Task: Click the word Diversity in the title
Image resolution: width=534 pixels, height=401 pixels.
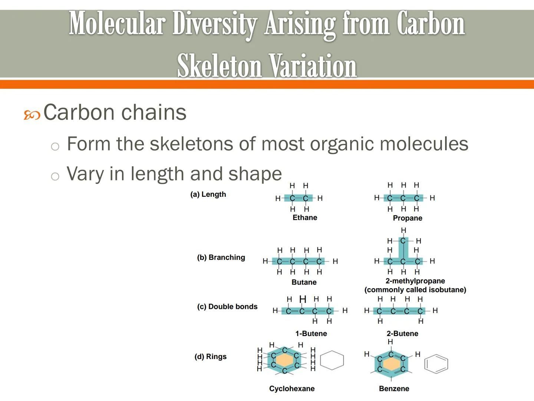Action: [x=214, y=24]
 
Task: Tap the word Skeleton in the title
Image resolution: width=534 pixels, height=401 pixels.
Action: [x=219, y=66]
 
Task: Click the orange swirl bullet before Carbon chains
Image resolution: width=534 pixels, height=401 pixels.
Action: [x=32, y=115]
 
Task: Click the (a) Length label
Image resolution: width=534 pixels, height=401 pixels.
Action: [x=208, y=194]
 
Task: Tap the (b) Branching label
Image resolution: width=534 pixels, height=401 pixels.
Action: [x=221, y=257]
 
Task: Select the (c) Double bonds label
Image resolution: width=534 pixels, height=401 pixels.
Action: [x=227, y=306]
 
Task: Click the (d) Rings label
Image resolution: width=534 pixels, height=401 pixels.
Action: [x=210, y=356]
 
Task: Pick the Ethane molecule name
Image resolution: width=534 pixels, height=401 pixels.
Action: [x=305, y=218]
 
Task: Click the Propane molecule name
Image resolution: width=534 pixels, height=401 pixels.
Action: [x=408, y=218]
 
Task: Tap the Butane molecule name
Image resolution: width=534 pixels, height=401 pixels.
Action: [x=304, y=282]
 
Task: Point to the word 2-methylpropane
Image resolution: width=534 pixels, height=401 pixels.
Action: [x=415, y=281]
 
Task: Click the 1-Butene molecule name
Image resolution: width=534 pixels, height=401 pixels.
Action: [x=311, y=333]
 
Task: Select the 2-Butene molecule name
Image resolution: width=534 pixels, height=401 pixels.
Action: [x=402, y=333]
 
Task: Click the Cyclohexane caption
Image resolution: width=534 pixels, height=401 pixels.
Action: [x=292, y=388]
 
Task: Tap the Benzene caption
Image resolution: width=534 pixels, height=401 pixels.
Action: [x=394, y=388]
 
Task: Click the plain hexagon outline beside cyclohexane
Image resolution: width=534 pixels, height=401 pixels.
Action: [x=332, y=360]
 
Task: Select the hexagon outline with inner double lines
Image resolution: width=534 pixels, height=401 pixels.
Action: [x=436, y=364]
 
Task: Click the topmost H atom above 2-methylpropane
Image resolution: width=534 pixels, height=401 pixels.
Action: [x=403, y=230]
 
